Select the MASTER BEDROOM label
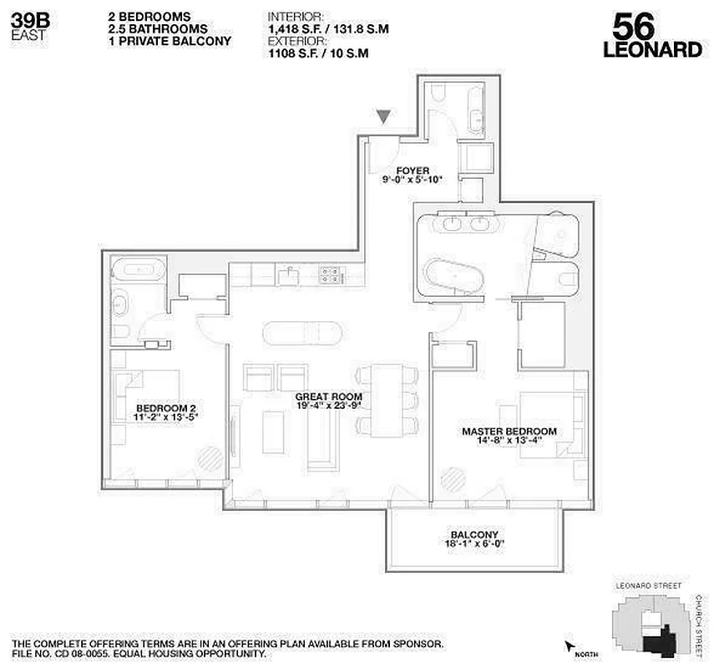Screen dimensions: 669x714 (x=509, y=432)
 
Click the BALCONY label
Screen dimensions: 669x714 (x=473, y=535)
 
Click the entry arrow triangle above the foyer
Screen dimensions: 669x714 (x=384, y=118)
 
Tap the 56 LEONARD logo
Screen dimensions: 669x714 (x=651, y=35)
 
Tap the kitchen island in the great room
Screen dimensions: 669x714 (x=302, y=333)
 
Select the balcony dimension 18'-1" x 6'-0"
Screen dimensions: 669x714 (x=473, y=544)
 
